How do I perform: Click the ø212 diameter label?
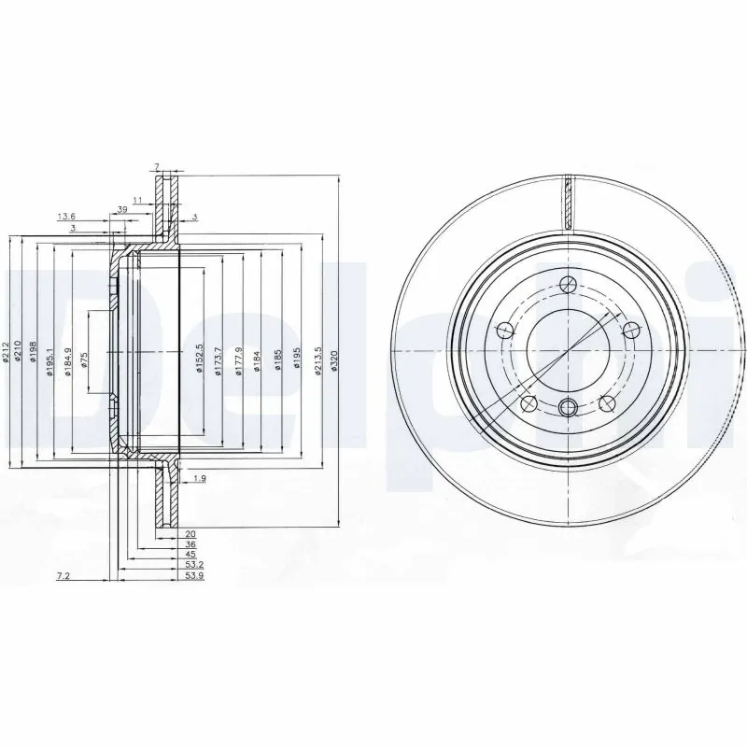pyautogui.click(x=6, y=353)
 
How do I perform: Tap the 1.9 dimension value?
pyautogui.click(x=198, y=479)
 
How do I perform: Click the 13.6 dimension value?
pyautogui.click(x=66, y=216)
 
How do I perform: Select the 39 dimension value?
pyautogui.click(x=121, y=209)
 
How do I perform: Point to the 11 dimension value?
pyautogui.click(x=136, y=199)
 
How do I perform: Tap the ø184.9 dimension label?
pyautogui.click(x=66, y=360)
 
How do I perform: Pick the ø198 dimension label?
pyautogui.click(x=33, y=353)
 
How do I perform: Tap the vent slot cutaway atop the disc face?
pyautogui.click(x=568, y=201)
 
